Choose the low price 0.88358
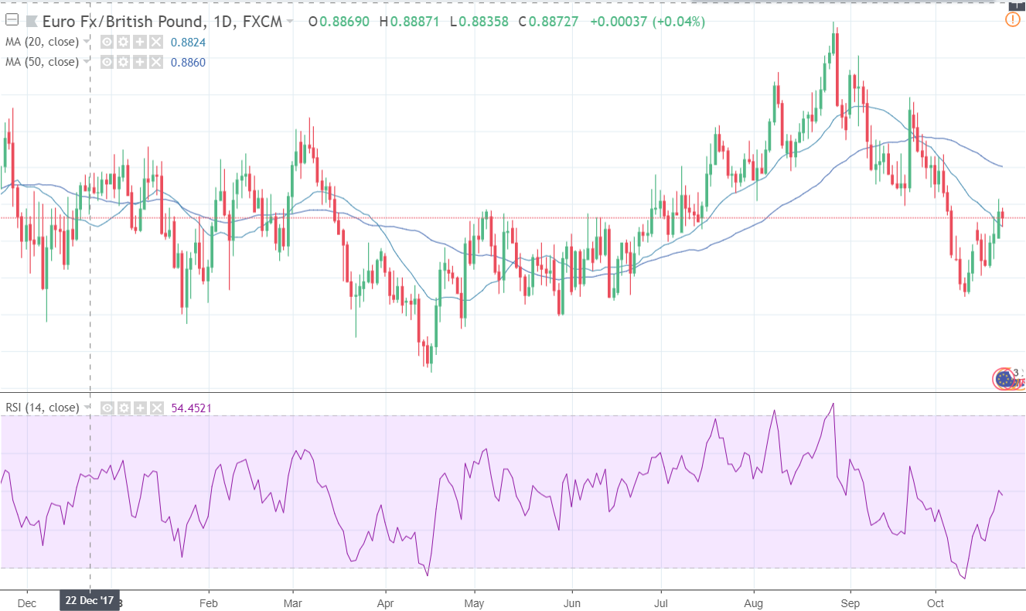pyautogui.click(x=482, y=22)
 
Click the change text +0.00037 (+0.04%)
pyautogui.click(x=647, y=22)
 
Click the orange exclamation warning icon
pyautogui.click(x=1012, y=20)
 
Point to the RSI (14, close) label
pyautogui.click(x=42, y=408)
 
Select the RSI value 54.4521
pyautogui.click(x=191, y=408)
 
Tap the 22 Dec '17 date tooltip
pyautogui.click(x=90, y=600)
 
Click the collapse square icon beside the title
pyautogui.click(x=11, y=21)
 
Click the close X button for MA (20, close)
pyautogui.click(x=157, y=42)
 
